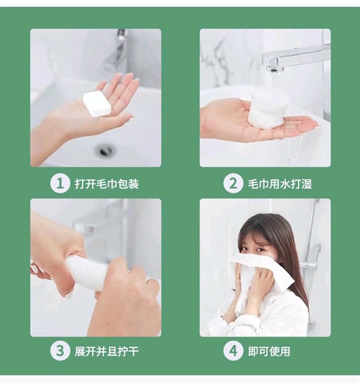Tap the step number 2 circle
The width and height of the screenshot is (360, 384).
point(233,184)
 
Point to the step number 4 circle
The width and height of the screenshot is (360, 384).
point(233,351)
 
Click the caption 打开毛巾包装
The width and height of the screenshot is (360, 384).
point(106,184)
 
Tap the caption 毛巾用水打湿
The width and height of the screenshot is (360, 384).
point(280,184)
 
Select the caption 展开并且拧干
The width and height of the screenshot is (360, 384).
point(106,351)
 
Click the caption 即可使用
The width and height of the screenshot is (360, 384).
point(269,351)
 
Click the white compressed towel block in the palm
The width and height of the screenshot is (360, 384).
point(97,104)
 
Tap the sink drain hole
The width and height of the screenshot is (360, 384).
point(104,150)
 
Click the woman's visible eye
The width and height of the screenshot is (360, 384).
point(261,250)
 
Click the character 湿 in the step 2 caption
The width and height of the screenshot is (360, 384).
point(307,184)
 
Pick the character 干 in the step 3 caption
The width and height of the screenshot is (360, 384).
point(133,351)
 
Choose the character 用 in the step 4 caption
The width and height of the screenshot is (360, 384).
point(285,351)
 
